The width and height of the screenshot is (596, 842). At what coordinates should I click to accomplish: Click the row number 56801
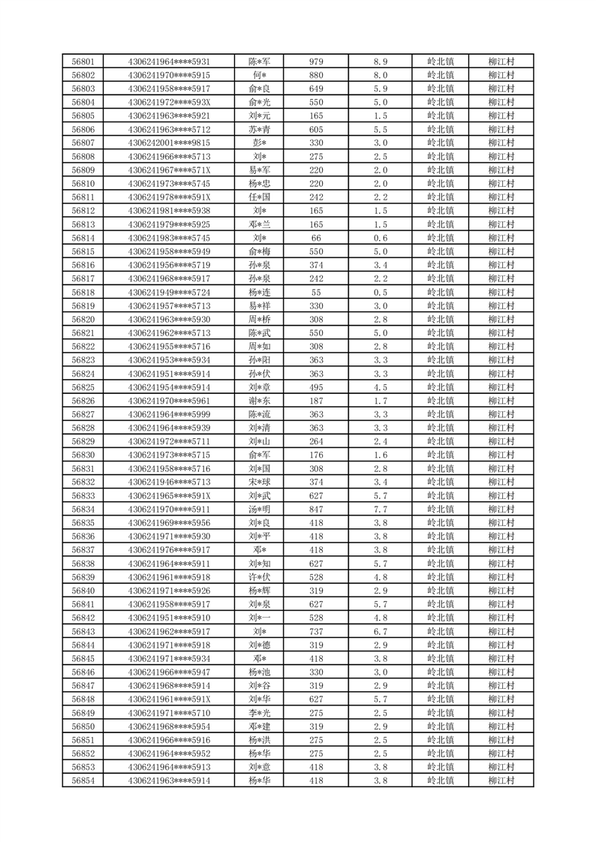click(83, 62)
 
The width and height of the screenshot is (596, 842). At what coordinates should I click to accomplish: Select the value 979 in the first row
click(316, 62)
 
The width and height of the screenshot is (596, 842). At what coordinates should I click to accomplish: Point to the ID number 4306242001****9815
click(169, 143)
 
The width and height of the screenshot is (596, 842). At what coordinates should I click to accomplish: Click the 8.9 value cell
click(380, 62)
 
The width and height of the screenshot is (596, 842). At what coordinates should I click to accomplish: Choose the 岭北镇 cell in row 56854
click(440, 780)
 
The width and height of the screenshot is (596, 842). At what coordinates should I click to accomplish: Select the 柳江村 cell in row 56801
click(500, 62)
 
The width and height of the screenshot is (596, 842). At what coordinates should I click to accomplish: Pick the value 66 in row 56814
click(316, 238)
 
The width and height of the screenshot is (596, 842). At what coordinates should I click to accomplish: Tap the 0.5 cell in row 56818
click(380, 292)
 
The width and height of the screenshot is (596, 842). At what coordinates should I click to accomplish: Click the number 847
click(316, 509)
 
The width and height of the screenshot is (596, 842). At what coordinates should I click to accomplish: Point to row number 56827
click(83, 414)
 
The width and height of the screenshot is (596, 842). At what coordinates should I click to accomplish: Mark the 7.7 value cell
click(380, 509)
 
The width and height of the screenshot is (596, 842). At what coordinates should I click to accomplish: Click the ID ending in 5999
click(169, 414)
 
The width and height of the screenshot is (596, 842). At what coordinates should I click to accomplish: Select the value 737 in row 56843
click(316, 631)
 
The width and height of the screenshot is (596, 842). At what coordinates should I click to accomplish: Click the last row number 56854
click(83, 780)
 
